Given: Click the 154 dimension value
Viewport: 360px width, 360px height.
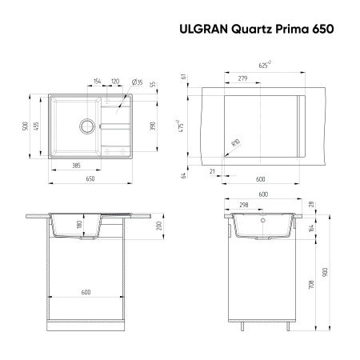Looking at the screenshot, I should [97, 82].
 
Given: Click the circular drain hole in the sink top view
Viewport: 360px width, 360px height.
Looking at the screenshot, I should [84, 125].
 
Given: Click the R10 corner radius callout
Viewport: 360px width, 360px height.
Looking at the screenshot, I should [234, 144].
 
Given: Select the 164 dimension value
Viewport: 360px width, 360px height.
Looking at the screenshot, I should [312, 228].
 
